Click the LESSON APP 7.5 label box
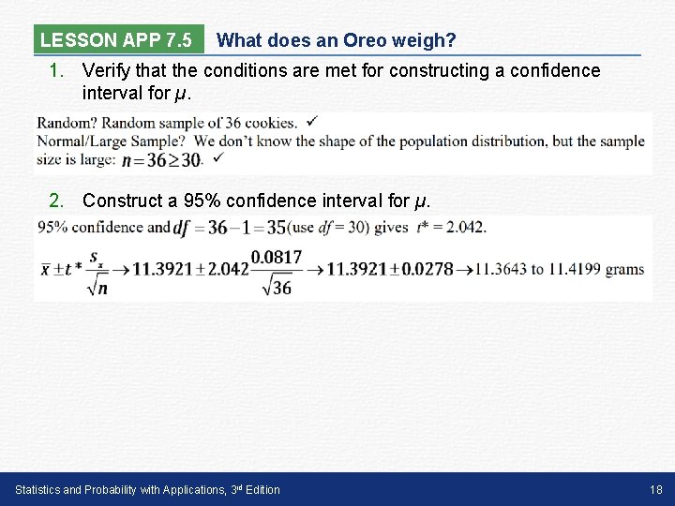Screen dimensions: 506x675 116,40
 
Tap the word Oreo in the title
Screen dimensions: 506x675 358,40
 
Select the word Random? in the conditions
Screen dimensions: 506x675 67,123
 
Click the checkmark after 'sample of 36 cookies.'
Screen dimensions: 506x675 311,122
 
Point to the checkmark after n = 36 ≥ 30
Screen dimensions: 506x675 217,158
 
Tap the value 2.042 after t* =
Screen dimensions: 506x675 466,227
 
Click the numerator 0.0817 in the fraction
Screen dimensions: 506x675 277,257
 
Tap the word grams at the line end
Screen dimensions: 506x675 624,269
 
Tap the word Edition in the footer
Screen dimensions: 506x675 260,489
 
